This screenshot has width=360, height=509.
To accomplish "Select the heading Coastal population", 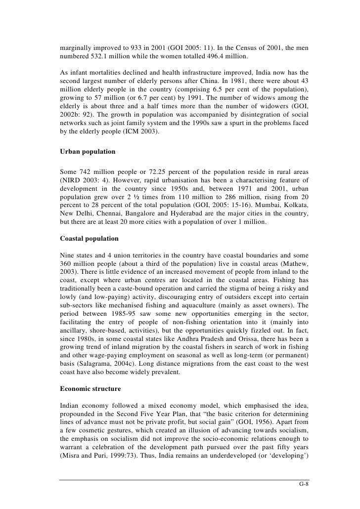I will (90, 238).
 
